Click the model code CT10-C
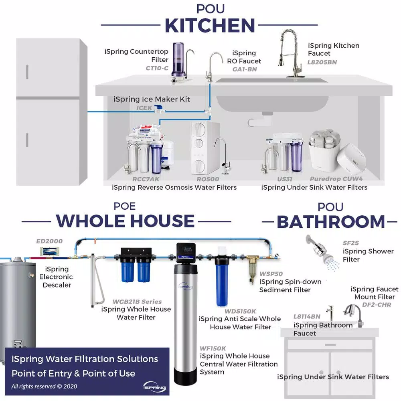[x=157, y=68]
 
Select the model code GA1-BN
[x=245, y=69]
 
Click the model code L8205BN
[x=322, y=62]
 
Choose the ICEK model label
[x=145, y=108]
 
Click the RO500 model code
[x=208, y=179]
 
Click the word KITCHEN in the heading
[x=210, y=26]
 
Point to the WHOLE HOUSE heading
[x=125, y=221]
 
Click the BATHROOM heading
[x=331, y=222]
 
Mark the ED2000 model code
[x=49, y=241]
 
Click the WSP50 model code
[x=271, y=274]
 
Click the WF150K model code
[x=213, y=348]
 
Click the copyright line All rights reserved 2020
[x=44, y=387]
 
